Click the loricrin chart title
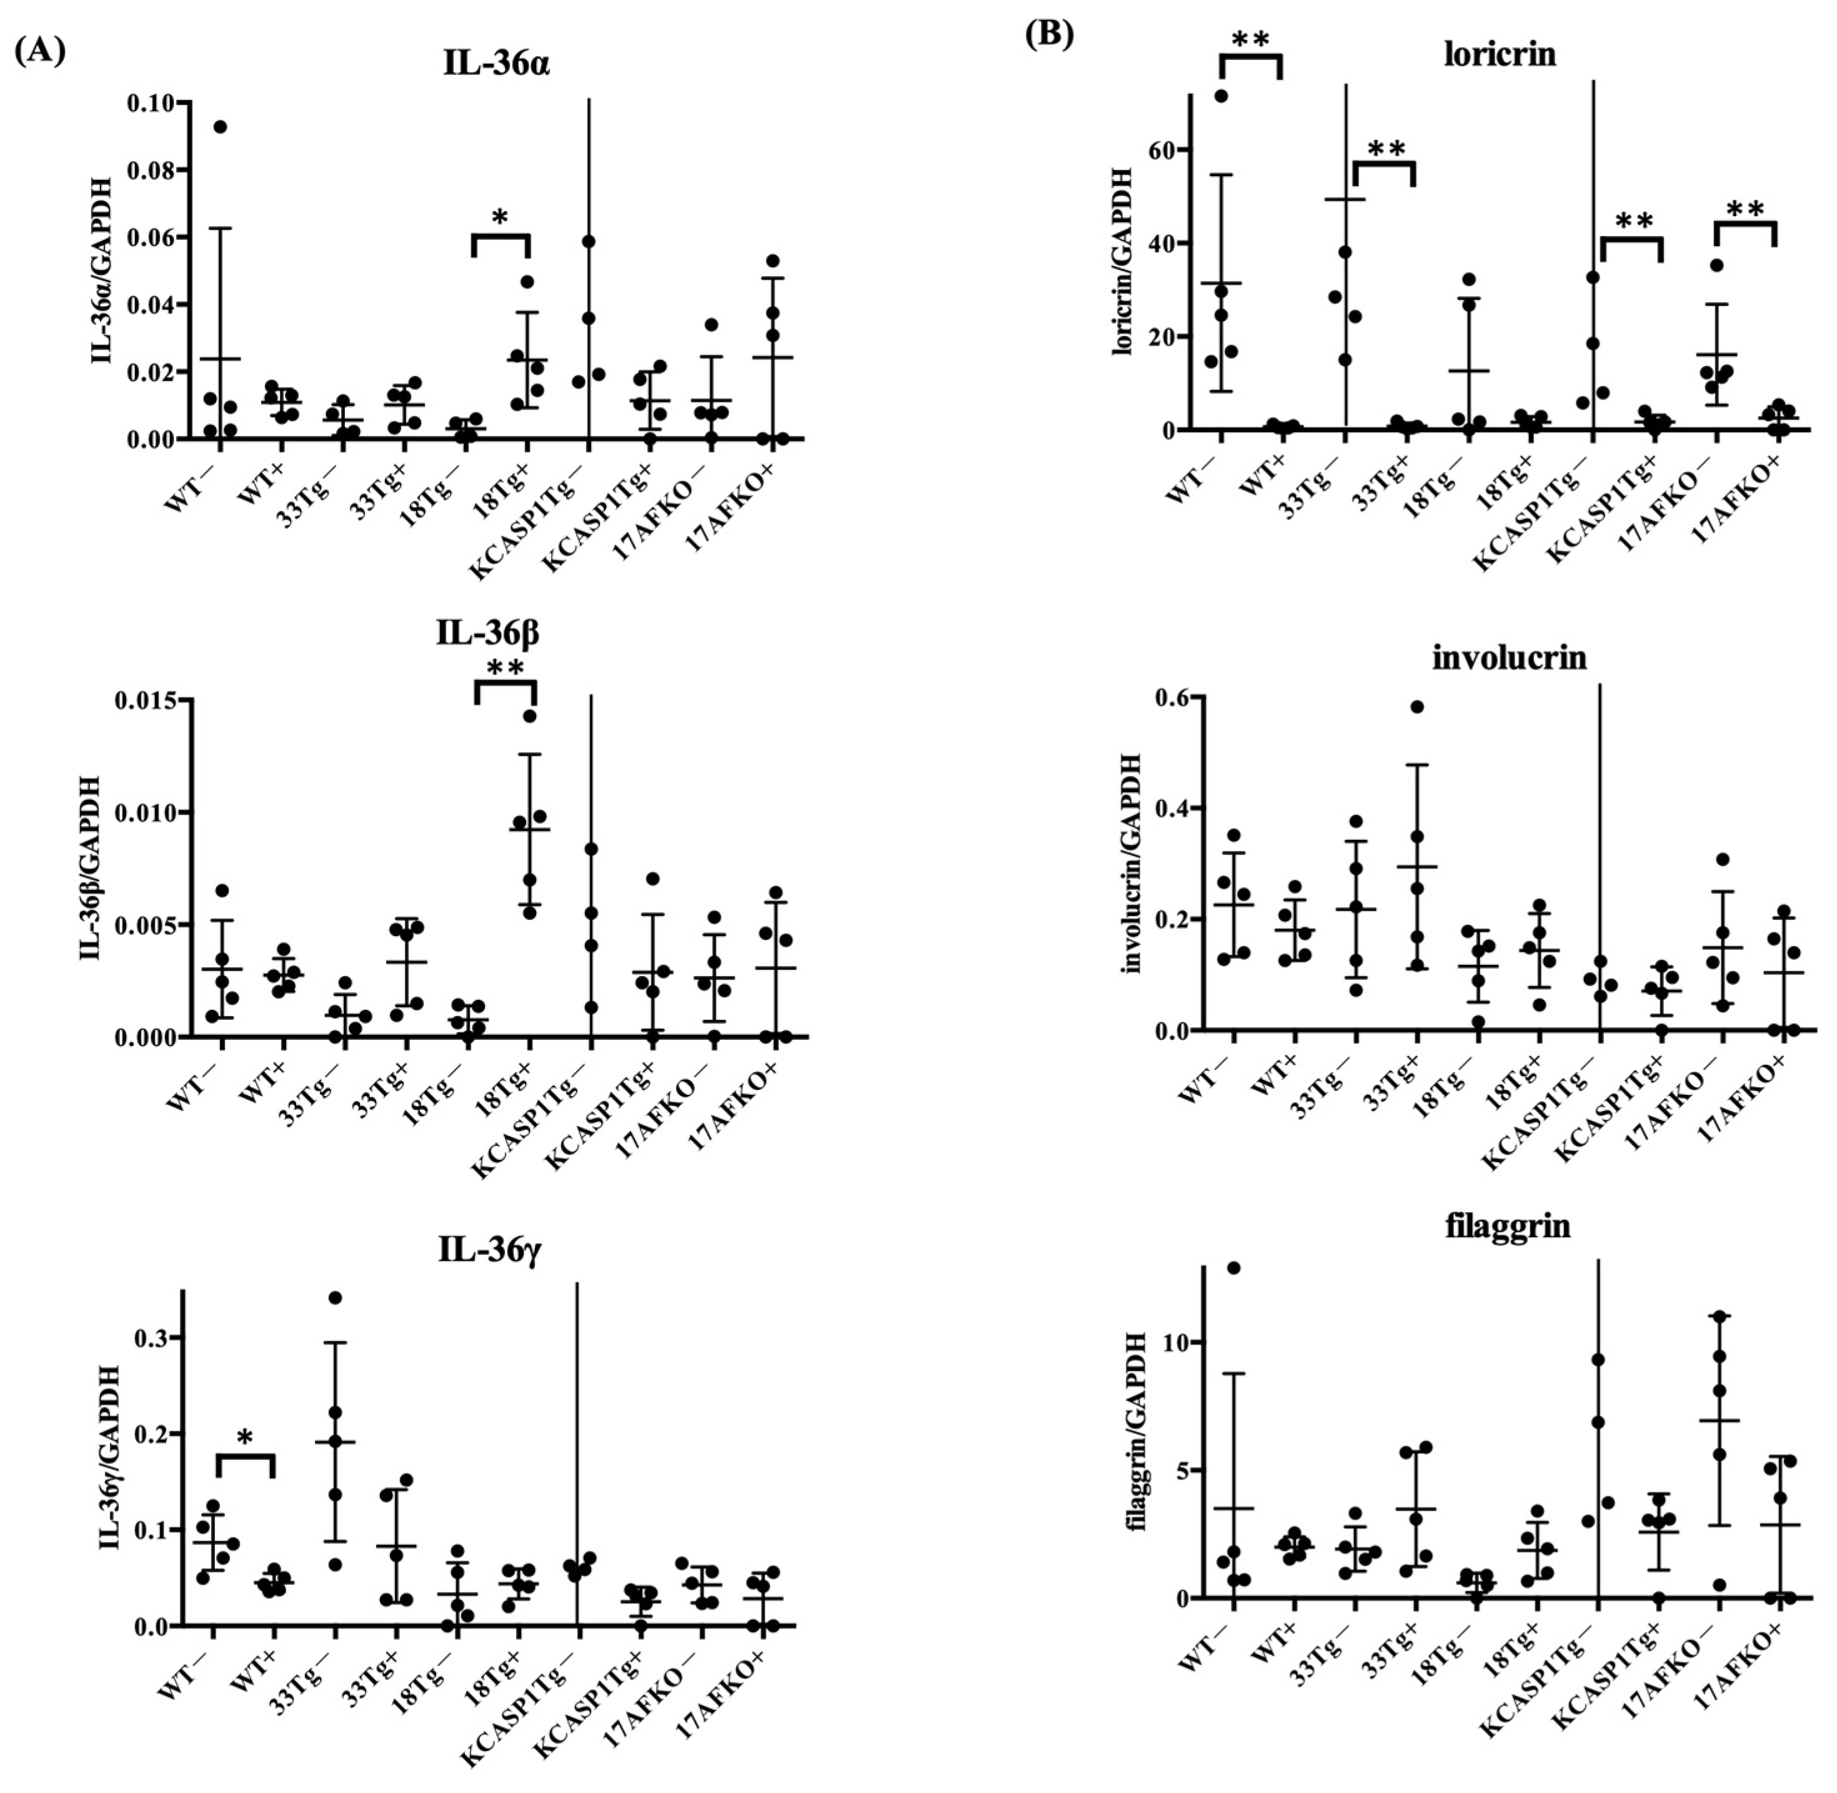coord(1500,54)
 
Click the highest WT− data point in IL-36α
coord(221,127)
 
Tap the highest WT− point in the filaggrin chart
coord(1233,1268)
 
